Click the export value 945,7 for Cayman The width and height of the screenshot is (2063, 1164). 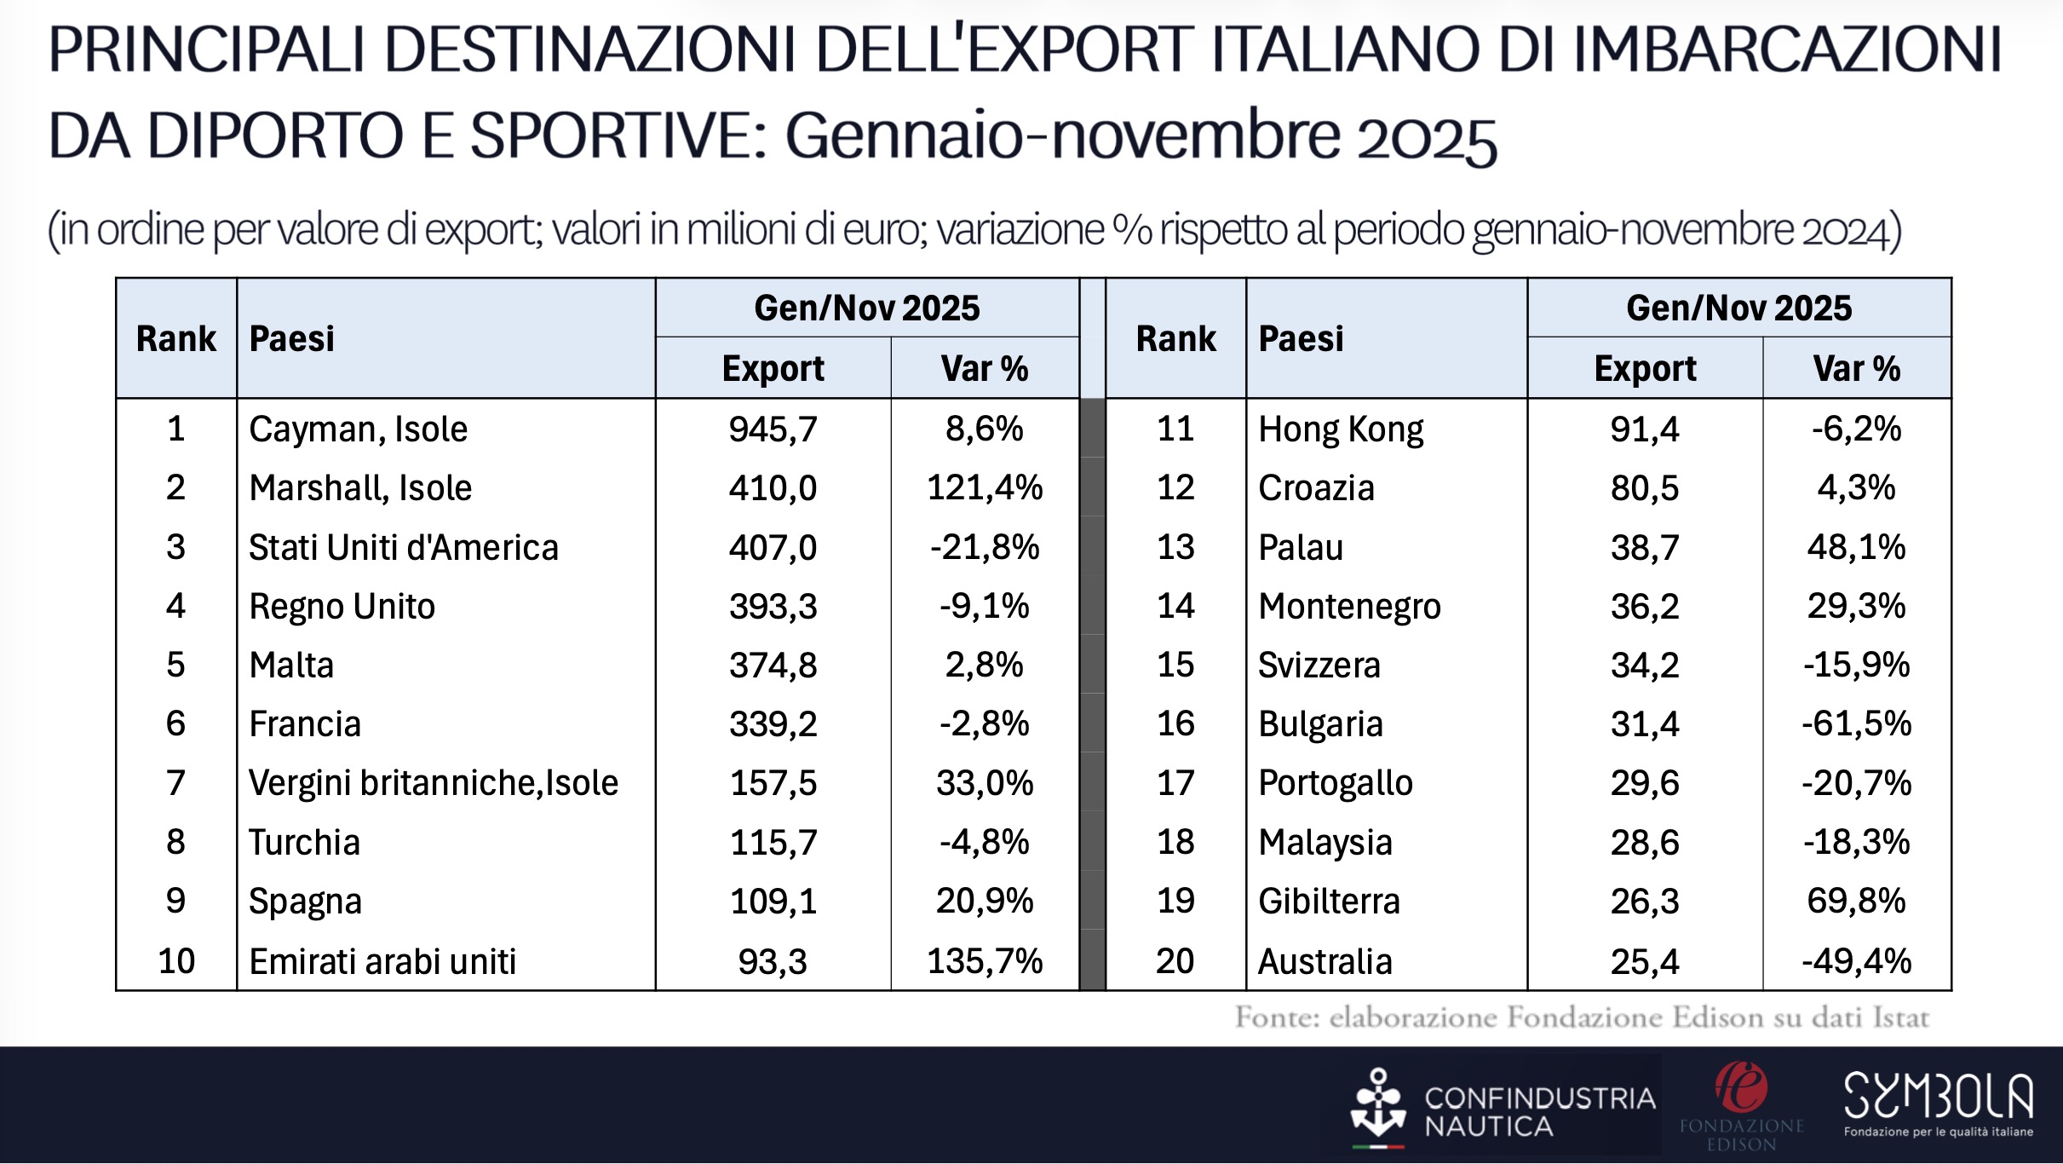coord(773,429)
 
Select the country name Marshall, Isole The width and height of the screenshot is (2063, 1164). coord(360,488)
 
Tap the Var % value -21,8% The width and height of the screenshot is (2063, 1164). coord(985,547)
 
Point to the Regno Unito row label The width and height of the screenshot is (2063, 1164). coord(342,607)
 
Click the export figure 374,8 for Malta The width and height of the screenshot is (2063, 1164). coord(773,666)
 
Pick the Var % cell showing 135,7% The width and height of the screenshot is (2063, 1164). coord(985,961)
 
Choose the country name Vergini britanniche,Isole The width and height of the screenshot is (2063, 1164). coord(433,783)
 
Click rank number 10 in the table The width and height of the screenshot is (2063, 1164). coord(176,961)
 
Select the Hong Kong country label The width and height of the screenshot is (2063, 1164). coord(1341,429)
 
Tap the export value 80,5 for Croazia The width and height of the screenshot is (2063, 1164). coord(1645,488)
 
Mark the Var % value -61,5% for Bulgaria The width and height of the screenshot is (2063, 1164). coord(1856,724)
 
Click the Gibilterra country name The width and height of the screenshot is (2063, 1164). coord(1329,902)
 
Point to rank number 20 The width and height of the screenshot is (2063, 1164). coord(1175,961)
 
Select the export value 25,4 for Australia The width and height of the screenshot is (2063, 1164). coord(1645,961)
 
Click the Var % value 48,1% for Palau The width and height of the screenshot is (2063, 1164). coord(1856,547)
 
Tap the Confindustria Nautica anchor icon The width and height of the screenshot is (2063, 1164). coord(1377,1105)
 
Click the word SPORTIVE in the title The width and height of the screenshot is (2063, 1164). coord(619,136)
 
